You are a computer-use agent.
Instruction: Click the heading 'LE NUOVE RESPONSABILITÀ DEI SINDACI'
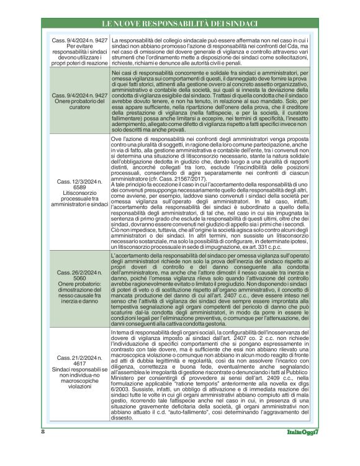point(180,23)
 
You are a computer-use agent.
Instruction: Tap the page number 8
point(43,448)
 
